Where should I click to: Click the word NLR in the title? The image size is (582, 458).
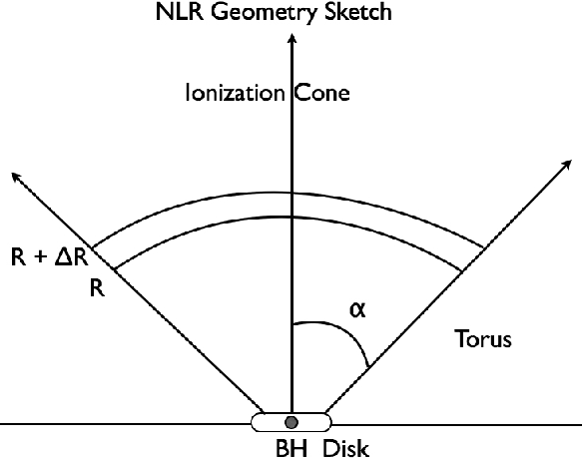click(180, 12)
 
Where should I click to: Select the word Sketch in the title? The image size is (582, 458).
click(357, 12)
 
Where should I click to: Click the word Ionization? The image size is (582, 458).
click(235, 93)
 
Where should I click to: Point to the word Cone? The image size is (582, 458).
click(322, 93)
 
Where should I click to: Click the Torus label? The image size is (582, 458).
click(483, 338)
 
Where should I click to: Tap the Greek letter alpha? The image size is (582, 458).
click(357, 309)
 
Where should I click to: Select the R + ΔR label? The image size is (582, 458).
click(50, 257)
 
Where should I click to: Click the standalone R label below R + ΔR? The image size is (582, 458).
click(97, 287)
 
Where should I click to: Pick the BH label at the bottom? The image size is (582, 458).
click(291, 448)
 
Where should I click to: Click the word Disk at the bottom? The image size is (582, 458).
click(346, 448)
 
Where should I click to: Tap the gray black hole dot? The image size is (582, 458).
click(291, 422)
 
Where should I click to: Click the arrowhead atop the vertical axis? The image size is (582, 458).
click(292, 39)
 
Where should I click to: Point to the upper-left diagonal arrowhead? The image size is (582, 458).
click(16, 178)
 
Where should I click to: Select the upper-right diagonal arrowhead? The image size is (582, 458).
click(567, 165)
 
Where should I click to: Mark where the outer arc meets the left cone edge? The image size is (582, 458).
click(92, 247)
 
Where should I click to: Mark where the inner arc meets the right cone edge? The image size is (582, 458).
click(461, 271)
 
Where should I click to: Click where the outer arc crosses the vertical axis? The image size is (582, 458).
click(292, 193)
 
